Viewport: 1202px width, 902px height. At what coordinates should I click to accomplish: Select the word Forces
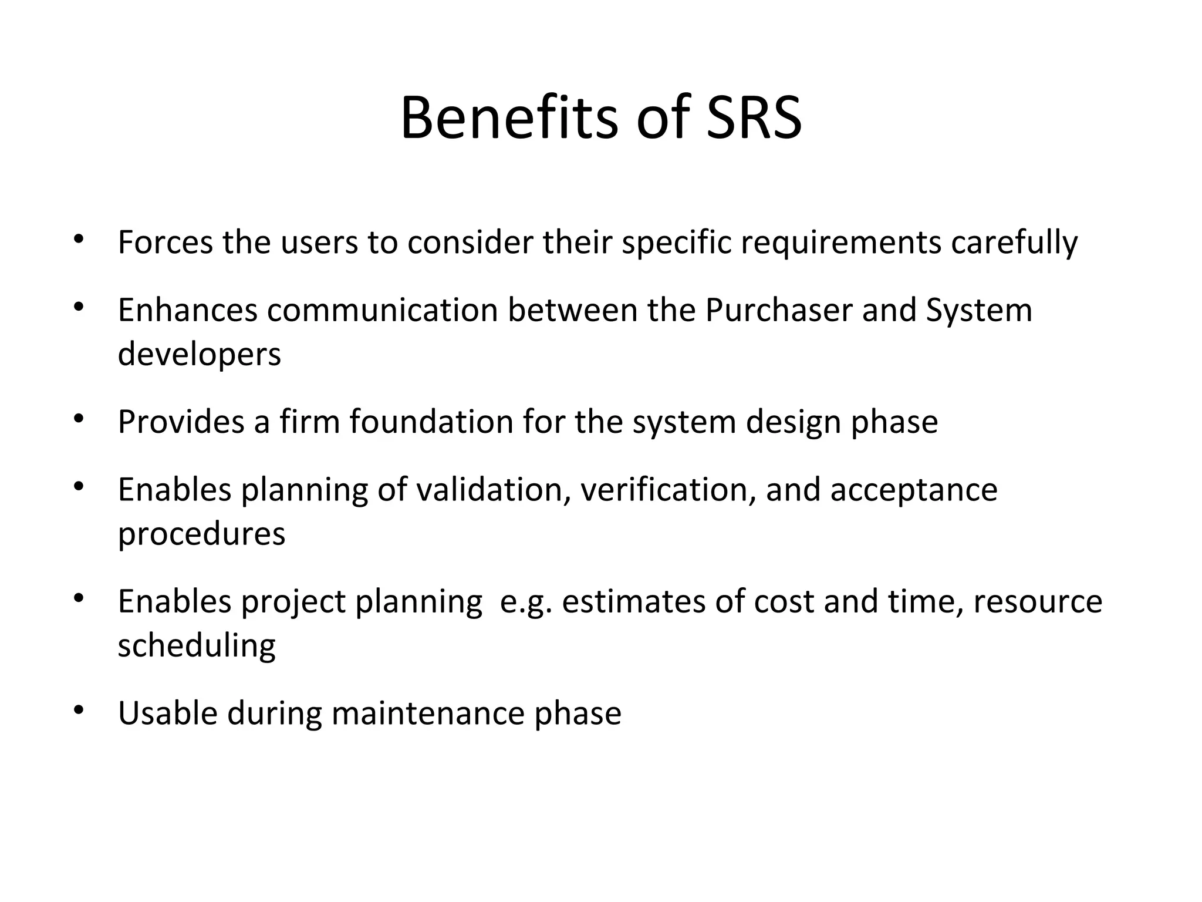[x=165, y=242]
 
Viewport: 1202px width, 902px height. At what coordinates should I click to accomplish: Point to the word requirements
[x=841, y=242]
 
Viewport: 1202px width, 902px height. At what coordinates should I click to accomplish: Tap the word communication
[x=382, y=309]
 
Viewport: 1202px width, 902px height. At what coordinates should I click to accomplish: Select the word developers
[x=200, y=354]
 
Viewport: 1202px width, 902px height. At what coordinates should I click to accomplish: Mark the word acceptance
[x=914, y=489]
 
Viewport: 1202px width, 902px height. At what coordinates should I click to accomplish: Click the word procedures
[x=201, y=534]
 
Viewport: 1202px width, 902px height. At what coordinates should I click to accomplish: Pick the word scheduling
[x=197, y=646]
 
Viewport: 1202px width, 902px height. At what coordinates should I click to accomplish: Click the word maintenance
[x=428, y=713]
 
